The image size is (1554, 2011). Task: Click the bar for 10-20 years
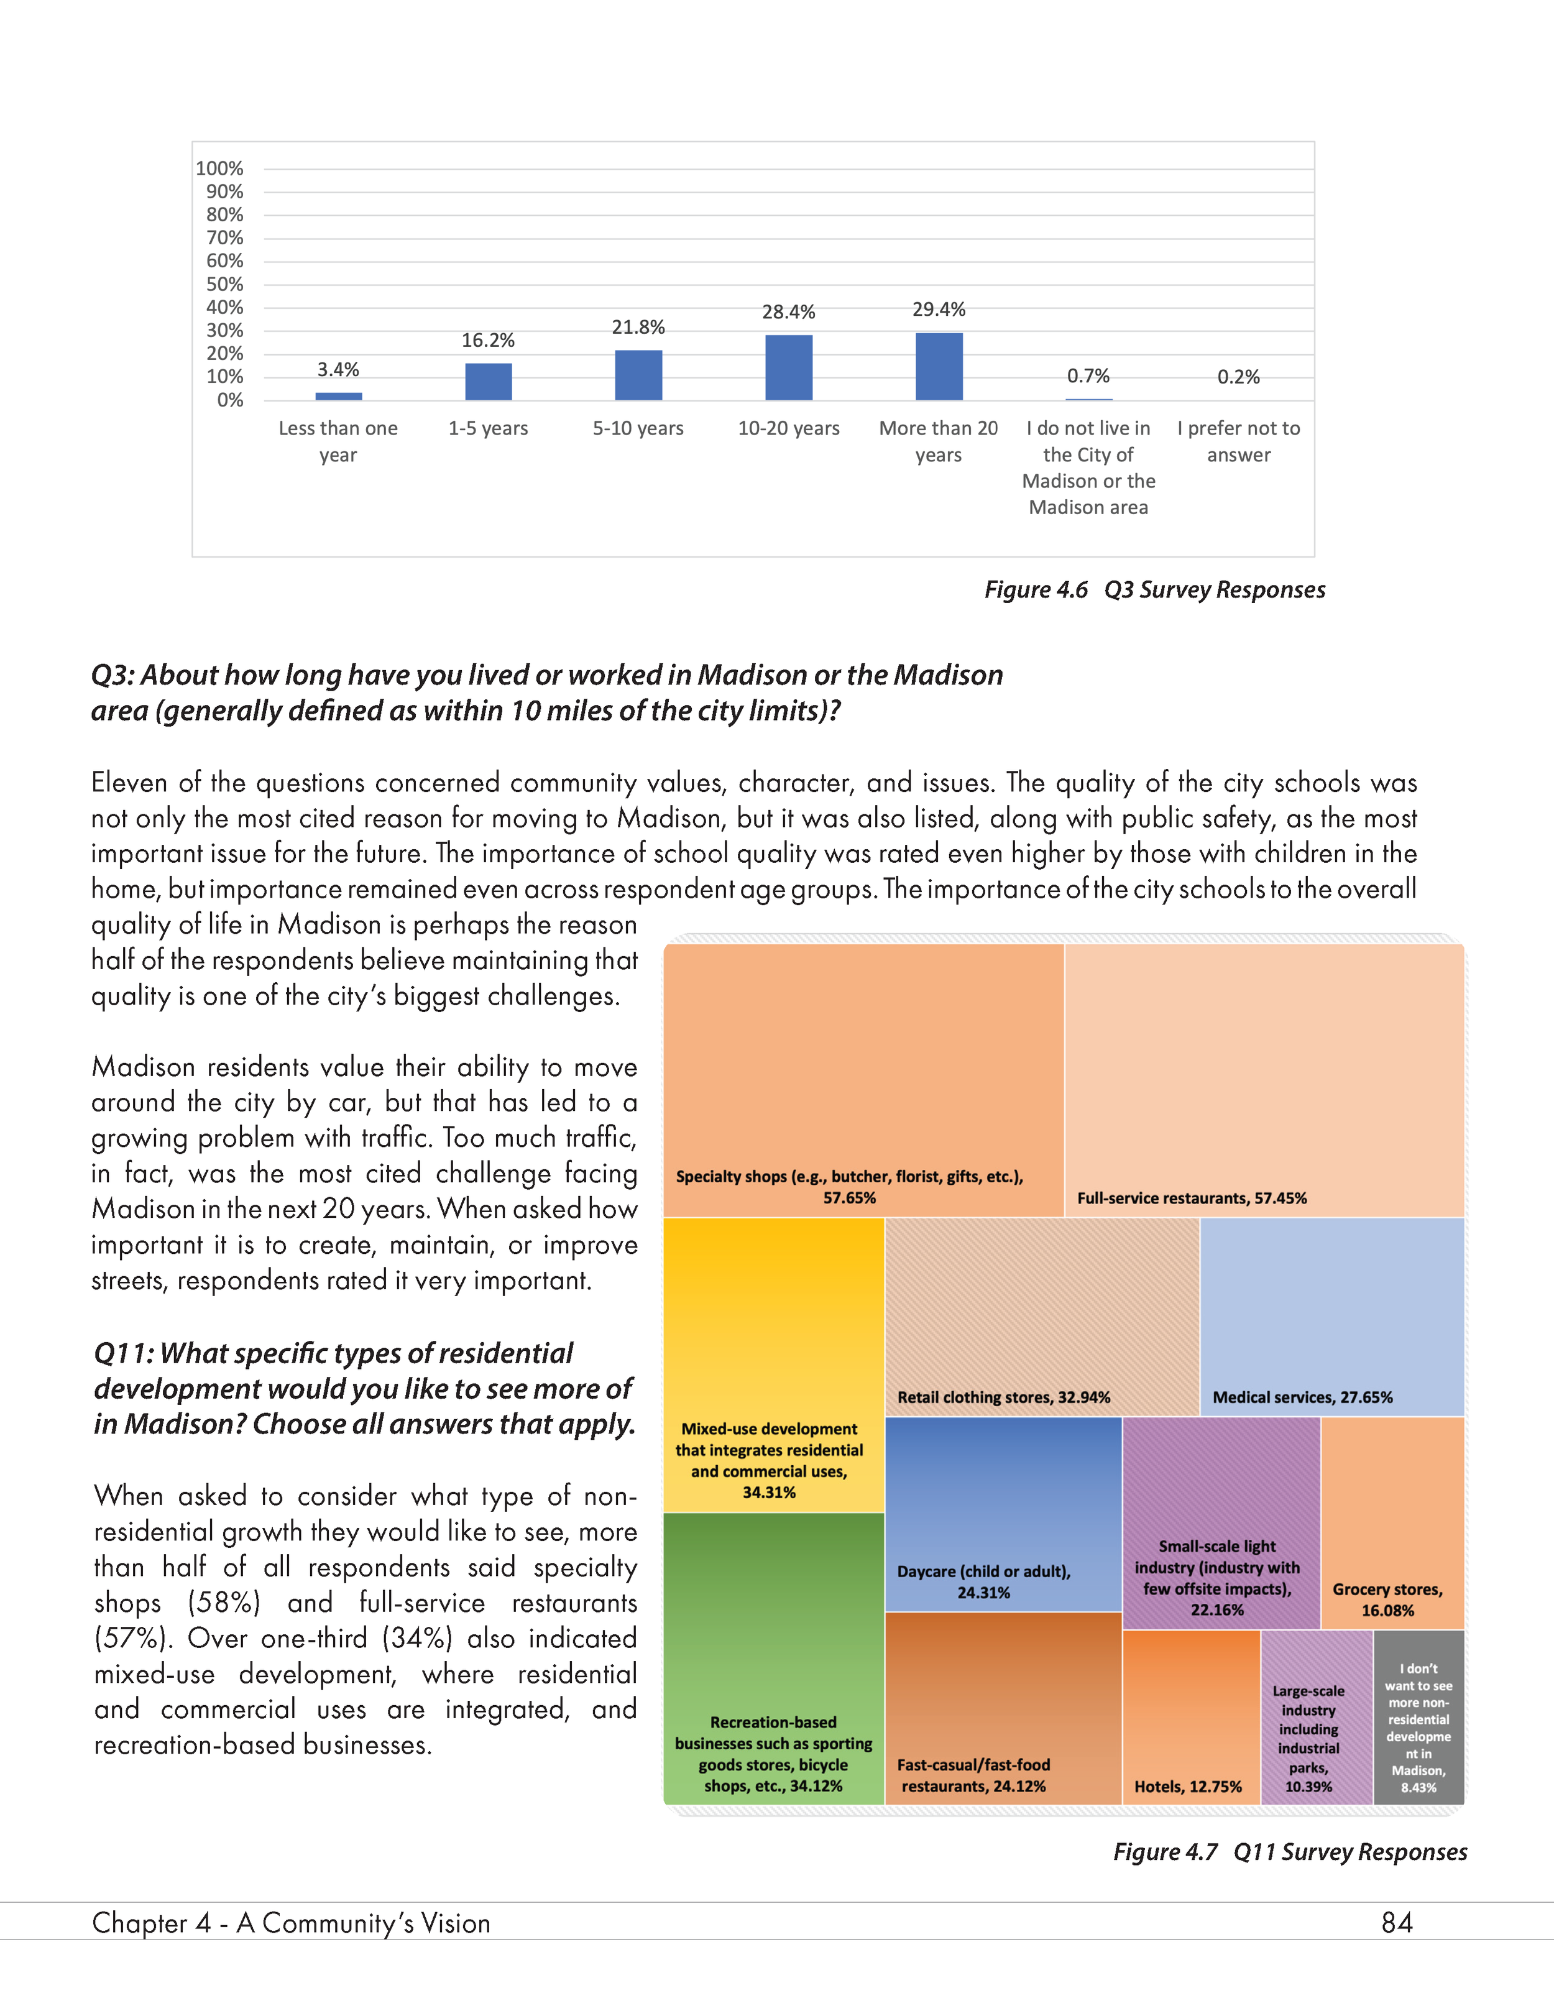(788, 367)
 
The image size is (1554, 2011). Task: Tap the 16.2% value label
(488, 341)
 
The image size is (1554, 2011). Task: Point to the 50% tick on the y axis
(224, 285)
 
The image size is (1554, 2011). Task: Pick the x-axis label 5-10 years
(638, 428)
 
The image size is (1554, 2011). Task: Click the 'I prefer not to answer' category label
(1238, 441)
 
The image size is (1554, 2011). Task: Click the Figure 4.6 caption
(1154, 589)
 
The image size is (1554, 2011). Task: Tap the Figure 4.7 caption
(1290, 1852)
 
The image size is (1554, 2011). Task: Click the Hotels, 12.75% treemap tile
(1190, 1716)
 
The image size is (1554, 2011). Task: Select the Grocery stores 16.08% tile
(1392, 1523)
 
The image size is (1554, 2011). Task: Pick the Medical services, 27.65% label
(1302, 1397)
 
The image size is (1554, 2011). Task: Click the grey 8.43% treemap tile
(1418, 1717)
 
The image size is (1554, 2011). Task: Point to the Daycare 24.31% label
(983, 1582)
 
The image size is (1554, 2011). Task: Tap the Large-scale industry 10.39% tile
(1315, 1716)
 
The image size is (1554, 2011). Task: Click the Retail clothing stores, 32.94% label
(1003, 1397)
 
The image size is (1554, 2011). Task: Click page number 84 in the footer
(1397, 1923)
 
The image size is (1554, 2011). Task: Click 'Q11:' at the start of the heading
(123, 1353)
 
